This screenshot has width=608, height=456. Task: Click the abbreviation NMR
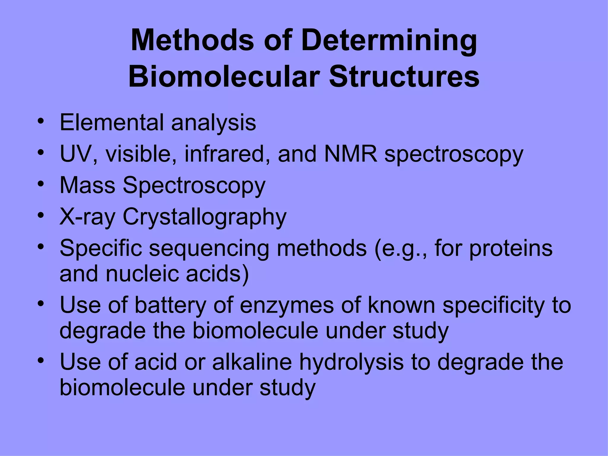(351, 154)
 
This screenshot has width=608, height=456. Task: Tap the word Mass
(88, 186)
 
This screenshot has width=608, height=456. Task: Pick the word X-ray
(87, 217)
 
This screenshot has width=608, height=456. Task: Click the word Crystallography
(205, 217)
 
